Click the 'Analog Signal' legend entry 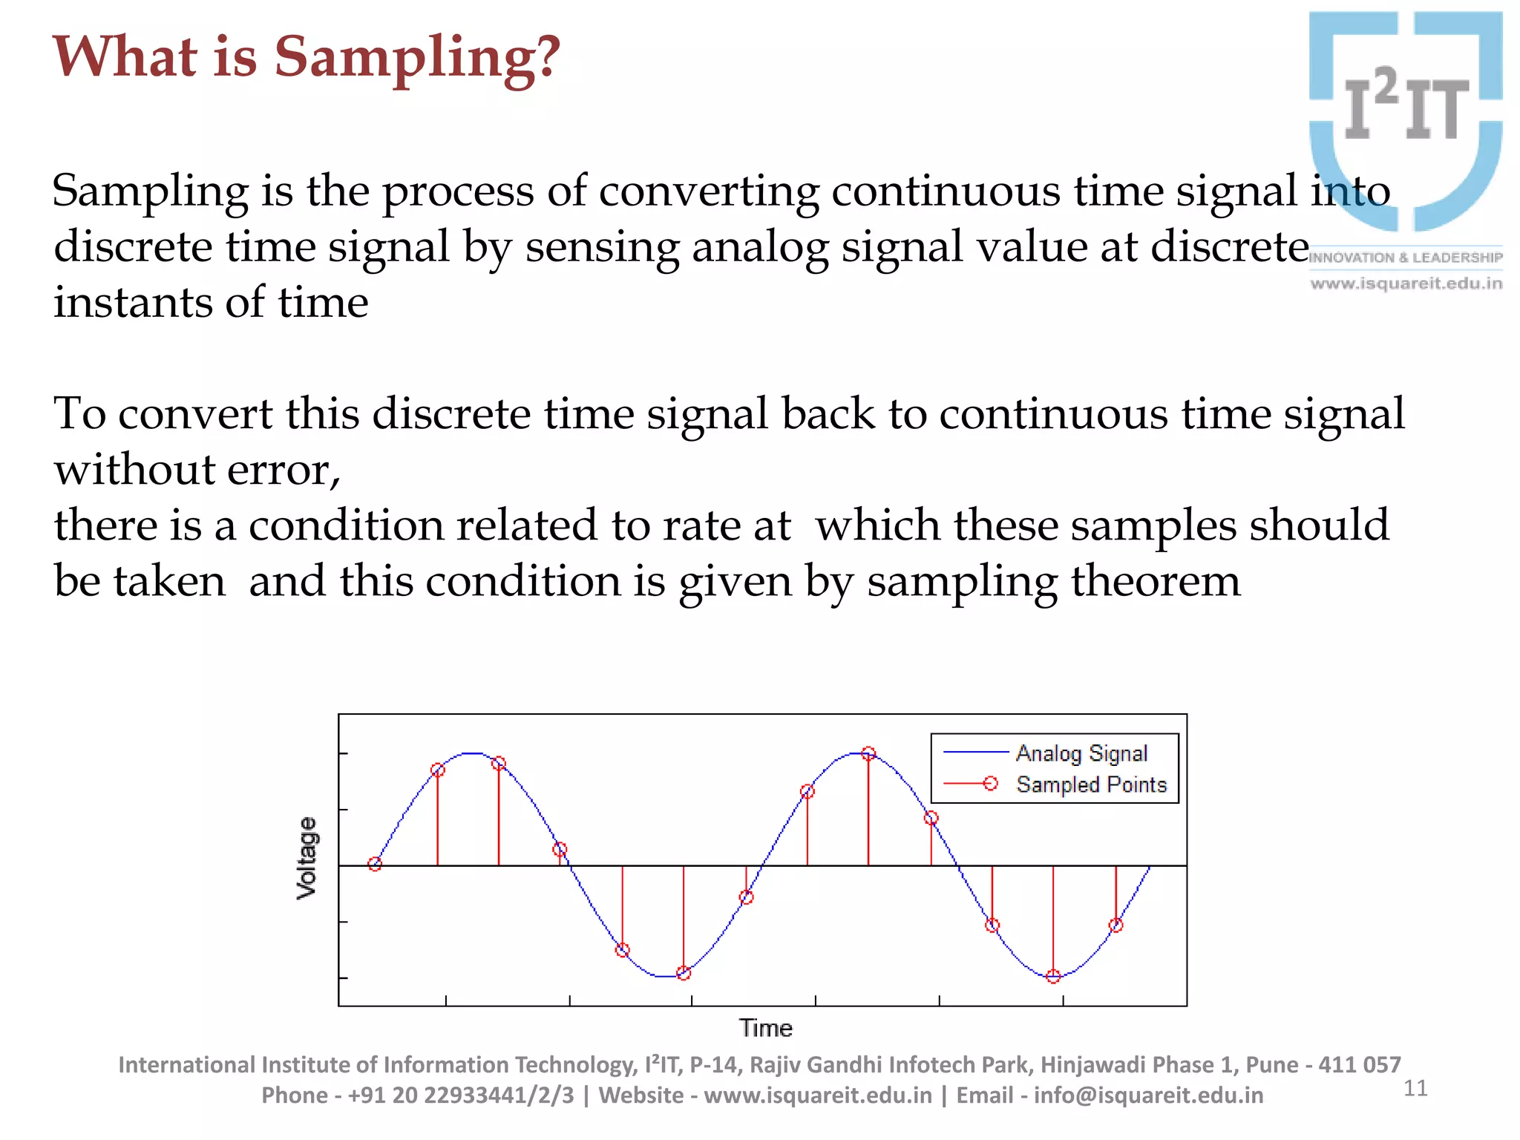[1081, 753]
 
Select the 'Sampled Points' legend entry [1091, 784]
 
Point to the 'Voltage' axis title [307, 858]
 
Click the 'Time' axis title [765, 1028]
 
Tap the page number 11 [1415, 1088]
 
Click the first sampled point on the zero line [375, 864]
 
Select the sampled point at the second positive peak [868, 754]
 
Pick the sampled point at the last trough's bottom [1053, 977]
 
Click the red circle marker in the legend [990, 784]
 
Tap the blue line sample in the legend [974, 753]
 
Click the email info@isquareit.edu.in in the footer [1147, 1095]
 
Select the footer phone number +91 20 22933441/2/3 [460, 1095]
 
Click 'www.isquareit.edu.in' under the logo [1406, 284]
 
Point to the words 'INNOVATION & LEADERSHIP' [1406, 258]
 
